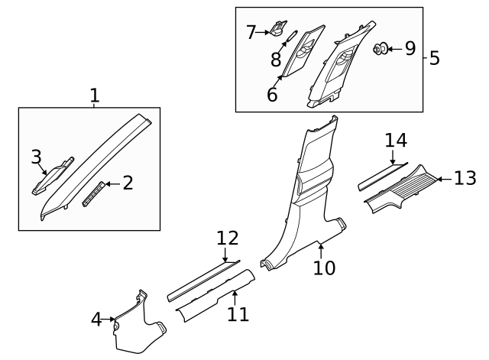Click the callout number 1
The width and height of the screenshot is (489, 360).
pyautogui.click(x=94, y=96)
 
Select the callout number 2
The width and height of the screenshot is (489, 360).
pyautogui.click(x=128, y=183)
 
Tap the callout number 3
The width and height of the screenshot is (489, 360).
pyautogui.click(x=36, y=157)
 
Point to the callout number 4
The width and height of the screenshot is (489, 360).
pyautogui.click(x=96, y=319)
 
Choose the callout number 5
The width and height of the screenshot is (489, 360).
pyautogui.click(x=434, y=58)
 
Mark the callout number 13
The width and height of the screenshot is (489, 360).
pyautogui.click(x=465, y=178)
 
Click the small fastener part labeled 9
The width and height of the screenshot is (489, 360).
pyautogui.click(x=378, y=50)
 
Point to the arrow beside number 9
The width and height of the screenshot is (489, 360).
pyautogui.click(x=393, y=50)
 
